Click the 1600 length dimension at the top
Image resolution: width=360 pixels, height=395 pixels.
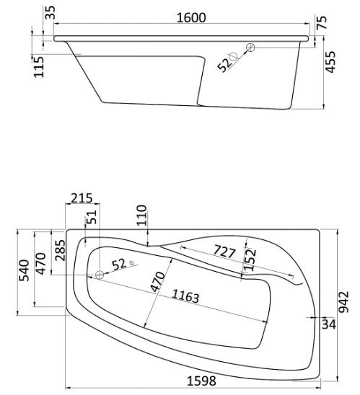pos(191,17)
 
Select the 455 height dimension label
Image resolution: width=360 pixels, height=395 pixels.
pos(330,62)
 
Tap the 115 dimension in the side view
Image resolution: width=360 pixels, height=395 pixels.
pos(39,67)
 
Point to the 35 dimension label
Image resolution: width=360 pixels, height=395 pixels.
pos(51,12)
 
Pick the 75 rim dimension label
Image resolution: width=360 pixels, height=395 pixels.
pos(322,22)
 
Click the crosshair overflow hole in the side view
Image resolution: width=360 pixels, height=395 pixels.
pos(250,48)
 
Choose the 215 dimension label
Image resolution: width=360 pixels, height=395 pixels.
pos(82,198)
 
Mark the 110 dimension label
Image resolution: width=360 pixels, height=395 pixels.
pos(141,216)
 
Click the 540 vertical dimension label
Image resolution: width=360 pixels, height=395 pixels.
pos(25,270)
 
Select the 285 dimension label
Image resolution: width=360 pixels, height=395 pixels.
pos(61,250)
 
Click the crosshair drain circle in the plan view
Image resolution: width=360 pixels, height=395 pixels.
pos(100,275)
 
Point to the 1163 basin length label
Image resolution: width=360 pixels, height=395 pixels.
pos(186,296)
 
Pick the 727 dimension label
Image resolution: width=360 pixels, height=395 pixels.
pos(224,252)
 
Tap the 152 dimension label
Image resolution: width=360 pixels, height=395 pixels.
pos(250,259)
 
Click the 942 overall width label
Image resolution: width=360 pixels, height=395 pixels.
pos(343,302)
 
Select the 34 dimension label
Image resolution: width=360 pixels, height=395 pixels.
pos(329,324)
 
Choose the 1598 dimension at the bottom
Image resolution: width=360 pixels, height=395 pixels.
pos(201,381)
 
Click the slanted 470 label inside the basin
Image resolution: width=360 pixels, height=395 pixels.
pos(158,282)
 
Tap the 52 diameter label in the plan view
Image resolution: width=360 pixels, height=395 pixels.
pos(119,265)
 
